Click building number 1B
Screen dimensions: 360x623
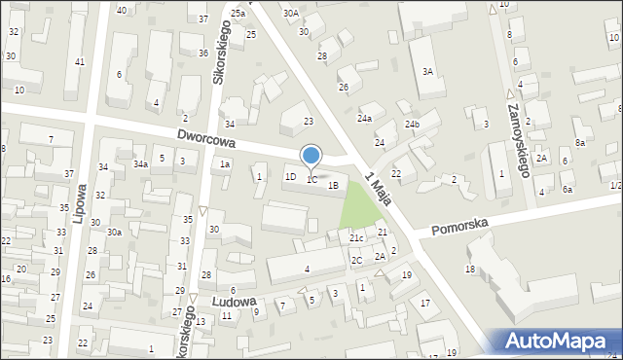tap(333, 185)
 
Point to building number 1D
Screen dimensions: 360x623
tap(290, 177)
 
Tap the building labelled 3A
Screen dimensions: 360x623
tap(427, 71)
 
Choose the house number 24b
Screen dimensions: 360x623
tap(413, 125)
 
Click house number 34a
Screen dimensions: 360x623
tap(140, 164)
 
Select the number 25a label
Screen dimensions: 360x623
tap(238, 14)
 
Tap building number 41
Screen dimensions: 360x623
tap(79, 62)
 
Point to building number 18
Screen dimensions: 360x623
tap(470, 269)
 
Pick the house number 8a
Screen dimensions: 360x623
tap(580, 143)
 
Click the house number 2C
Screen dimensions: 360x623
tap(357, 260)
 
